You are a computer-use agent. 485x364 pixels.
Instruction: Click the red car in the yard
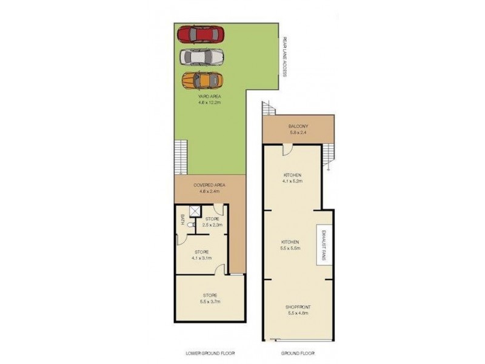pyautogui.click(x=201, y=34)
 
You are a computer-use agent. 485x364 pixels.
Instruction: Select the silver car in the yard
pyautogui.click(x=202, y=56)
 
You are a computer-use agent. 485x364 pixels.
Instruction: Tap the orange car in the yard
pyautogui.click(x=202, y=79)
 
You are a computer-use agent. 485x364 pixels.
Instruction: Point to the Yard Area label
pyautogui.click(x=210, y=99)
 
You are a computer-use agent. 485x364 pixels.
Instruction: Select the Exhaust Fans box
pyautogui.click(x=321, y=245)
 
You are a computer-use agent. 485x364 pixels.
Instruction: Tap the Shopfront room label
pyautogui.click(x=298, y=310)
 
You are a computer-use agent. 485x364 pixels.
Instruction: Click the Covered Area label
pyautogui.click(x=210, y=188)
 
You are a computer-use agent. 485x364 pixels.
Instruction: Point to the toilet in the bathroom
pyautogui.click(x=190, y=225)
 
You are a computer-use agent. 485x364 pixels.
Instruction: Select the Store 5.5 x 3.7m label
pyautogui.click(x=210, y=298)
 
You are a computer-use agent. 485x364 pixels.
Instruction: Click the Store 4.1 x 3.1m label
pyautogui.click(x=202, y=255)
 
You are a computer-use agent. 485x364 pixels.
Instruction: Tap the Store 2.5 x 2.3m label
pyautogui.click(x=213, y=221)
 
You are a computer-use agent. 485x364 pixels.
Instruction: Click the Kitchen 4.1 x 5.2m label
pyautogui.click(x=292, y=177)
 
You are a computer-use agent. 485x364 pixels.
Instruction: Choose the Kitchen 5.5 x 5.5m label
pyautogui.click(x=292, y=244)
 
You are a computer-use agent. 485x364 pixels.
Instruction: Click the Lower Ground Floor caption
pyautogui.click(x=210, y=352)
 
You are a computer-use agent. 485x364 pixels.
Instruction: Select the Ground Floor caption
pyautogui.click(x=297, y=352)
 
